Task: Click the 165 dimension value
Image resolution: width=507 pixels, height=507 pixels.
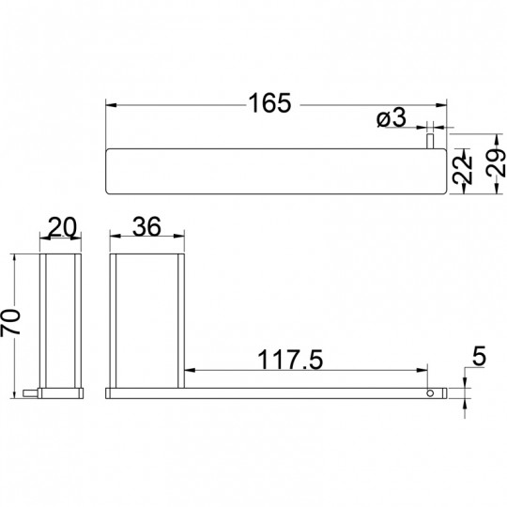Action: click(x=269, y=103)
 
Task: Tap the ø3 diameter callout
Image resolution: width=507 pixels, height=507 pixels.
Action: click(x=391, y=117)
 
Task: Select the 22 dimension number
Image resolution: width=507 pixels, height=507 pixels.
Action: click(x=462, y=170)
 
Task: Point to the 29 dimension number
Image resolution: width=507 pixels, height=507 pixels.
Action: click(x=496, y=163)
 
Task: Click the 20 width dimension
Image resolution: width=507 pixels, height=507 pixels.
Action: click(x=62, y=227)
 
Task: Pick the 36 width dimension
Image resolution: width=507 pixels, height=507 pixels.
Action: click(x=146, y=226)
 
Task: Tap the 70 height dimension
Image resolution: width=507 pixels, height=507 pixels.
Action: click(x=10, y=321)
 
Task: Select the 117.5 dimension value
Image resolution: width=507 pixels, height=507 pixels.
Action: click(x=290, y=360)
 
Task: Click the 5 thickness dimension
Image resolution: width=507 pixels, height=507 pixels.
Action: click(x=479, y=356)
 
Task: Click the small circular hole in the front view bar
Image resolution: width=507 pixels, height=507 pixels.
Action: click(x=430, y=393)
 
